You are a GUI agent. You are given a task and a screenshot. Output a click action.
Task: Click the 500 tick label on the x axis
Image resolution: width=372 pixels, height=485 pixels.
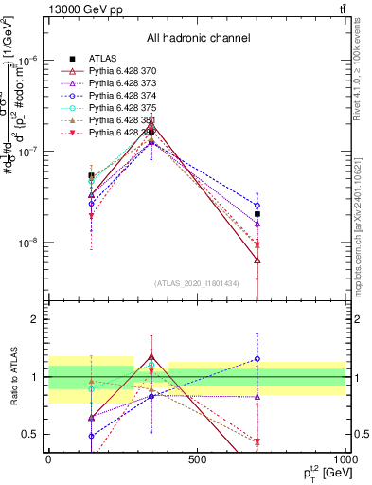tap(197, 458)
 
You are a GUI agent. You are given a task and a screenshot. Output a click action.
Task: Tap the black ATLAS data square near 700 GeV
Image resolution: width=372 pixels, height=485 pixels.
tap(257, 214)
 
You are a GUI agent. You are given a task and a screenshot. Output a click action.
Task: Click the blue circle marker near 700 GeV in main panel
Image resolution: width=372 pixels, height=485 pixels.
tap(257, 205)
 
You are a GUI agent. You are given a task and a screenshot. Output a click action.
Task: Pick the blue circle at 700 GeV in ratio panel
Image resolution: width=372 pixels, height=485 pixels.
tap(257, 359)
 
